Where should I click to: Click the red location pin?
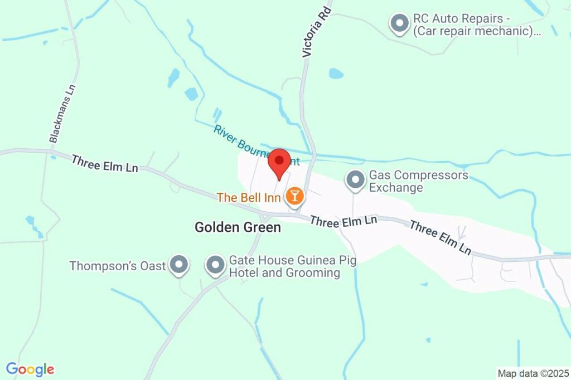coord(279,162)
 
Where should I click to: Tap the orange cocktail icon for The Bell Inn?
coord(294,196)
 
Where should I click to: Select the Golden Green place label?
coord(238,227)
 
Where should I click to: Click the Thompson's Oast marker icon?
coord(179,265)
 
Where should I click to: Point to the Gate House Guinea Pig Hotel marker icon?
coord(215,265)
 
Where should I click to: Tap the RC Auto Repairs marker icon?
coord(399,23)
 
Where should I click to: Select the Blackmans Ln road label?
coord(62,114)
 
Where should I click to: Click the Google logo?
coord(30,369)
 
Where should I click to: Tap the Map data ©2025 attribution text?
coord(533,373)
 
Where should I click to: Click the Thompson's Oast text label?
coord(118,266)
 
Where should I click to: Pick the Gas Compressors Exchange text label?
coord(418,181)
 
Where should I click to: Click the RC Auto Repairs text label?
coord(476,25)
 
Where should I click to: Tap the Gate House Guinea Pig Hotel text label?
coord(293,266)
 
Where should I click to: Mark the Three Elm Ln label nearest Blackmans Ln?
coord(104,163)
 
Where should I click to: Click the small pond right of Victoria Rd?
coord(336,74)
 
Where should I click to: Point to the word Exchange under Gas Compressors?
coord(396,187)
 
